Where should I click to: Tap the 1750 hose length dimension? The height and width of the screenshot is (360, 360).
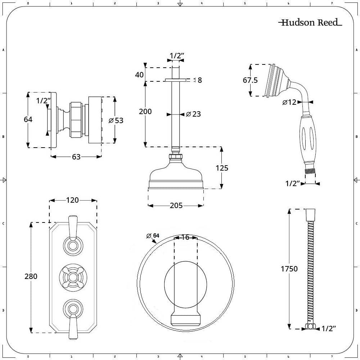tap(289, 269)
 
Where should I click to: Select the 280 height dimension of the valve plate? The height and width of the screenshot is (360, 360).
tap(31, 276)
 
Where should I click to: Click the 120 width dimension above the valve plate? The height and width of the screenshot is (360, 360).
tap(72, 200)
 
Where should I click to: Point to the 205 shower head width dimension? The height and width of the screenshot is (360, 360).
tap(176, 206)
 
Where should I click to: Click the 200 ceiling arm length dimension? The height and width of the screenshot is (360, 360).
tap(145, 112)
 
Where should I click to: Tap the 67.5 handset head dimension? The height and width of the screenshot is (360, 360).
tap(250, 80)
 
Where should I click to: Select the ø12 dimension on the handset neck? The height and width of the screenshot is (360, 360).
tap(289, 102)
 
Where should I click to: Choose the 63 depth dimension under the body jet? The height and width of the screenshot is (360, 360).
tap(76, 157)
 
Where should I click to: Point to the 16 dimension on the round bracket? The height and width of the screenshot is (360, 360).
tap(185, 237)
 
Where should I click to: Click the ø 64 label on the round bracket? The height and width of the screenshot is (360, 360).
tap(153, 236)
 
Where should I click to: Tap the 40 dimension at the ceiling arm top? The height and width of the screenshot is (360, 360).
tap(139, 75)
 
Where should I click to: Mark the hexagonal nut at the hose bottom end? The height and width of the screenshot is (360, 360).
tap(309, 327)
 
